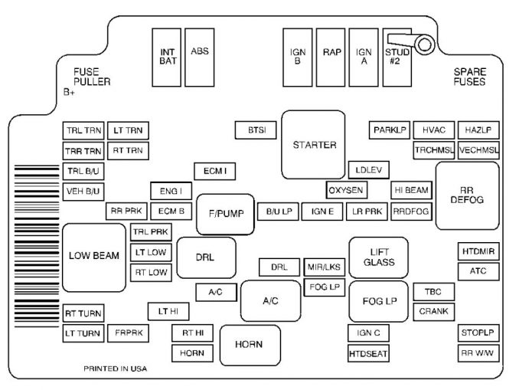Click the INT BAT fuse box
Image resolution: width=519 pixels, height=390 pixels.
pyautogui.click(x=167, y=57)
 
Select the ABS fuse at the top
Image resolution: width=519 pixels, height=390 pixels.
pyautogui.click(x=200, y=57)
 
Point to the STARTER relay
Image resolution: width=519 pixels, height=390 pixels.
pyautogui.click(x=314, y=144)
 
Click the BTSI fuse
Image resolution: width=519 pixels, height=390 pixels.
pyautogui.click(x=256, y=130)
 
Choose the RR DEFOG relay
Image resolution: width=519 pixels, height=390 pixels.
pyautogui.click(x=467, y=195)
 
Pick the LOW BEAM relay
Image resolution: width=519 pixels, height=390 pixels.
pyautogui.click(x=94, y=257)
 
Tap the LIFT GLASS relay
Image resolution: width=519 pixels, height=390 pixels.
pyautogui.click(x=378, y=257)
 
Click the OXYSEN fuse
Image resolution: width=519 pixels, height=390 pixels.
pyautogui.click(x=346, y=189)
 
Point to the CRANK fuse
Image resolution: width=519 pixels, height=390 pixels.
pyautogui.click(x=434, y=312)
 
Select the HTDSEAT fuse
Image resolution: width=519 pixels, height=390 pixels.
pyautogui.click(x=368, y=353)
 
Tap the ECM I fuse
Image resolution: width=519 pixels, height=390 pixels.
pyautogui.click(x=214, y=170)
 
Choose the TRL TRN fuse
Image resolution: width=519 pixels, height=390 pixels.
pyautogui.click(x=83, y=130)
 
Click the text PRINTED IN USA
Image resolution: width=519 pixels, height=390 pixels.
pyautogui.click(x=115, y=369)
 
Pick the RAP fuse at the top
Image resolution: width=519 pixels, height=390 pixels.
pyautogui.click(x=331, y=57)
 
